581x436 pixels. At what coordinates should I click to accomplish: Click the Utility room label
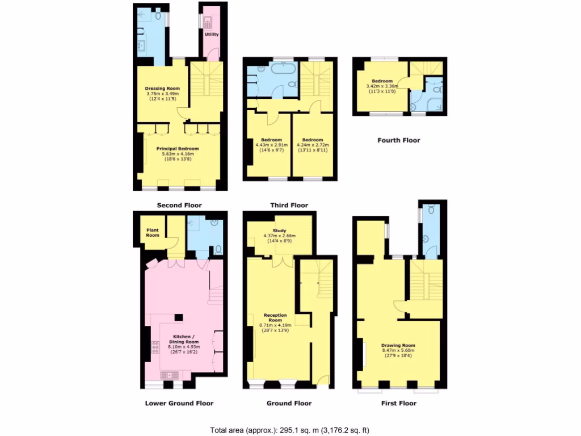(x=212, y=34)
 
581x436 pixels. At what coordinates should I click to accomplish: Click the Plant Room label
(x=153, y=233)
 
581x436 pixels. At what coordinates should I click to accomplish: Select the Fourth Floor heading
(x=399, y=140)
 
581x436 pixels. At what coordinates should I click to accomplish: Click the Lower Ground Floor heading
(x=179, y=403)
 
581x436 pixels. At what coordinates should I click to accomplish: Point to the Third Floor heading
(x=289, y=205)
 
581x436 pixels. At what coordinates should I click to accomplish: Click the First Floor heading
(x=399, y=403)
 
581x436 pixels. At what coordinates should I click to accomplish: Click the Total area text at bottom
(x=290, y=430)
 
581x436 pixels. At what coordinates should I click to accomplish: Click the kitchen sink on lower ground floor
(x=170, y=375)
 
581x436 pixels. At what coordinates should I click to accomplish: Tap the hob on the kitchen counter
(x=155, y=347)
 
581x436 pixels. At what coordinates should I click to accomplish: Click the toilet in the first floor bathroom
(x=432, y=211)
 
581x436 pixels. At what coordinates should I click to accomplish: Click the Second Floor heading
(x=179, y=205)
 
